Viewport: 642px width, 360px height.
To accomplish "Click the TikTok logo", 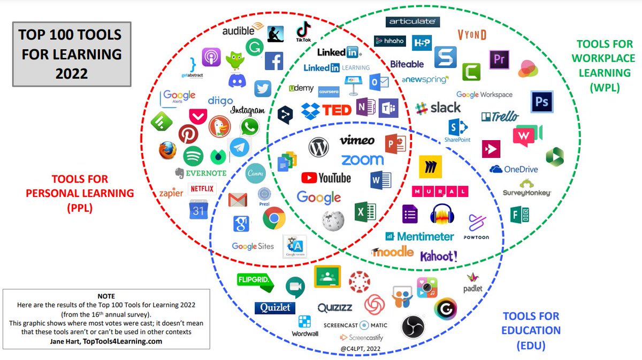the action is (x=303, y=32).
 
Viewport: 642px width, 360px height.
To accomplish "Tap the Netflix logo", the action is (x=202, y=189).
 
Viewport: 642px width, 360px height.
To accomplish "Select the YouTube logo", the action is (x=326, y=178).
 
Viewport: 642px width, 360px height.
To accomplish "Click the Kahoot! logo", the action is (x=438, y=256).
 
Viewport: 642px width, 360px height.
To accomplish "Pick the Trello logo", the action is (x=501, y=116).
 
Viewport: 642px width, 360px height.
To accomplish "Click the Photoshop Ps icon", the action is (x=541, y=102).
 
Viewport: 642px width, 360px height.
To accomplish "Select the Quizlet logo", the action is (x=275, y=308).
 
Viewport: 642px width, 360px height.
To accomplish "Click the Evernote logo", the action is (x=200, y=173).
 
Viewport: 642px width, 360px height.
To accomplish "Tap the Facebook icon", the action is (x=273, y=61).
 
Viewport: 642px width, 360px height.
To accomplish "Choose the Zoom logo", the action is (x=362, y=159).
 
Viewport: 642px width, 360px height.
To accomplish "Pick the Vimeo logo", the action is (x=357, y=140).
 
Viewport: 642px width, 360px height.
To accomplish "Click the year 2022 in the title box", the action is (x=71, y=73).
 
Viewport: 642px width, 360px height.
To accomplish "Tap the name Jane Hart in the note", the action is (x=73, y=341).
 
